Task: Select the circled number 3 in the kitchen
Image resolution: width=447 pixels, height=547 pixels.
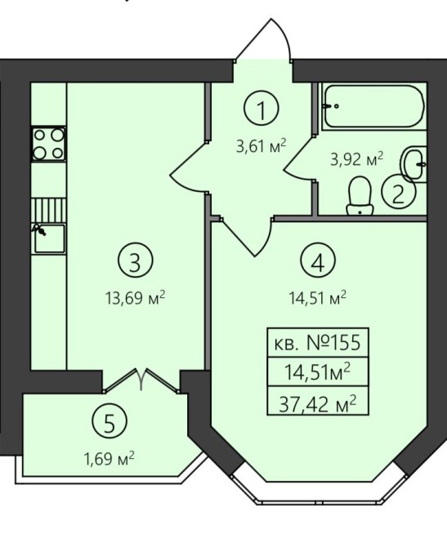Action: tap(136, 261)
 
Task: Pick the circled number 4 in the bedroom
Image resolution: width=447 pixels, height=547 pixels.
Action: tap(317, 261)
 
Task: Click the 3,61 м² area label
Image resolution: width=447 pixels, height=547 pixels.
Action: tap(261, 146)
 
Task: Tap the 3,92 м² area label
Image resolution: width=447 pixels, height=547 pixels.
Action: tap(357, 161)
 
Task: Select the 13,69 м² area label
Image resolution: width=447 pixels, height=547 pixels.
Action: tap(135, 298)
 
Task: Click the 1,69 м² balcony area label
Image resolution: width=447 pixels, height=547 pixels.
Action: tap(110, 458)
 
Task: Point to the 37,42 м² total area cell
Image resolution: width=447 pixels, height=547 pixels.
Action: tap(317, 404)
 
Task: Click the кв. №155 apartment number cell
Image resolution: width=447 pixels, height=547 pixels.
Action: tap(317, 343)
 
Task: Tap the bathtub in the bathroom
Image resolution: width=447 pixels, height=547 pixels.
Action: tap(373, 106)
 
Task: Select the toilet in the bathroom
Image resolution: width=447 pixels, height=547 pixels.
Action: tap(360, 195)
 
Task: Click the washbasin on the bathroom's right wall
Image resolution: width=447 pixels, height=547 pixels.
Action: tap(414, 164)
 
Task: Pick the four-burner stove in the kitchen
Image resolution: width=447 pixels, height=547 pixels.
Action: tap(49, 144)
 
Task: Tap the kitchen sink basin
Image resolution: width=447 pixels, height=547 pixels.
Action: tap(50, 238)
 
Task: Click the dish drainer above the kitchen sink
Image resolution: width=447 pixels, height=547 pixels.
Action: tap(48, 211)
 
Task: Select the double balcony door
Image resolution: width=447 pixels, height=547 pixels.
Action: tap(141, 380)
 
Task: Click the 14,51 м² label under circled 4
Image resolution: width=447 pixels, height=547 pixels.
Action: tap(317, 298)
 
